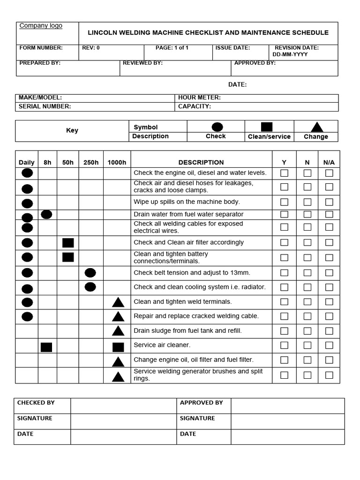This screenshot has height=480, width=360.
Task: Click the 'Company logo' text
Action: click(41, 26)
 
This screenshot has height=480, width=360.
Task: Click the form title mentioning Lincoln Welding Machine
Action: click(208, 33)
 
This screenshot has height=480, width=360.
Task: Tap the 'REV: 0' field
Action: click(91, 48)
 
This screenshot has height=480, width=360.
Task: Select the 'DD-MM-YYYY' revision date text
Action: click(290, 54)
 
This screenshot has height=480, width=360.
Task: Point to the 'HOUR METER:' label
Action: click(199, 98)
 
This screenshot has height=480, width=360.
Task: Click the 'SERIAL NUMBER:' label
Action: click(45, 106)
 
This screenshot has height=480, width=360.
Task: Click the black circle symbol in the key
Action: click(217, 127)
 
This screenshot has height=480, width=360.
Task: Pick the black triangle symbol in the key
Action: click(317, 127)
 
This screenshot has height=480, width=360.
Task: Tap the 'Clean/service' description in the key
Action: click(269, 137)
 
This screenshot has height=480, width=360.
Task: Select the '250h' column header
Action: click(91, 163)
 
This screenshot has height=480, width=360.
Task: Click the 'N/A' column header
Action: click(329, 163)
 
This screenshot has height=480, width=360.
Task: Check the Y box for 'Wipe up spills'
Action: click(284, 202)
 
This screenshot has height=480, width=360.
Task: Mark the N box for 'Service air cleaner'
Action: click(307, 345)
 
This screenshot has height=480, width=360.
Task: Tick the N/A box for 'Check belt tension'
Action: click(329, 273)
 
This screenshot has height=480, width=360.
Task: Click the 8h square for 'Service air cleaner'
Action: click(46, 347)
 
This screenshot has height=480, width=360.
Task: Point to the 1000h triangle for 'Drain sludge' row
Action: click(118, 331)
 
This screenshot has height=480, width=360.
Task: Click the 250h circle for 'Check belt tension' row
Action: click(90, 273)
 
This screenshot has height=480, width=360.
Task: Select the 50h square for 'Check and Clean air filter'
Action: click(68, 243)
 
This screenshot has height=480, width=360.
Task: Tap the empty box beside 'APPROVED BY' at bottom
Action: click(287, 406)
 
